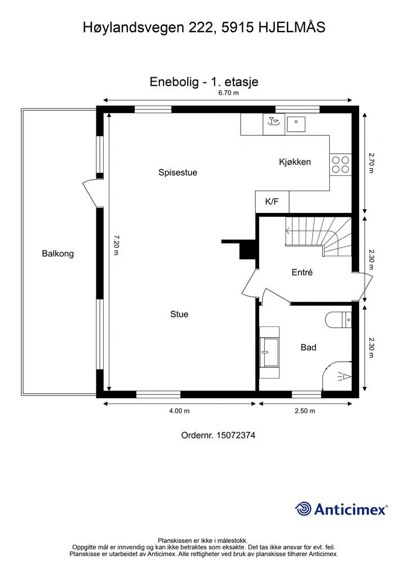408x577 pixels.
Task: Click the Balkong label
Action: tap(57, 254)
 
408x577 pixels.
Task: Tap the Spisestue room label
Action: tap(178, 172)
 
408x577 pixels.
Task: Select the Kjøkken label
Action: tap(295, 162)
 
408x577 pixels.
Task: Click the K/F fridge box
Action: tap(272, 202)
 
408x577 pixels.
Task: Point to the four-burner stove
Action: tap(340, 165)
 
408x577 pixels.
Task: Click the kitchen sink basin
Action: tap(296, 124)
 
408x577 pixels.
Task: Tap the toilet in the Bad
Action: tap(339, 319)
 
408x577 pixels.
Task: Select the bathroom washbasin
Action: tap(269, 352)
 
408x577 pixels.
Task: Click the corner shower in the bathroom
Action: tap(337, 376)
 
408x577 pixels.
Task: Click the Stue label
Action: tap(179, 314)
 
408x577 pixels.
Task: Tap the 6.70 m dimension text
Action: tap(228, 93)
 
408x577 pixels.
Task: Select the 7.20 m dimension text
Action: tap(116, 245)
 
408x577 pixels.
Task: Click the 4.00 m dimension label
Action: tap(179, 411)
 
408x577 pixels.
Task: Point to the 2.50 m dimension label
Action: tap(305, 411)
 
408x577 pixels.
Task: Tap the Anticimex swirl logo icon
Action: tap(303, 509)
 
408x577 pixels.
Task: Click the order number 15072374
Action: tap(236, 436)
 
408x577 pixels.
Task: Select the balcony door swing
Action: tap(91, 194)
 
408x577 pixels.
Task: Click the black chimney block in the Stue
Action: tap(243, 249)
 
